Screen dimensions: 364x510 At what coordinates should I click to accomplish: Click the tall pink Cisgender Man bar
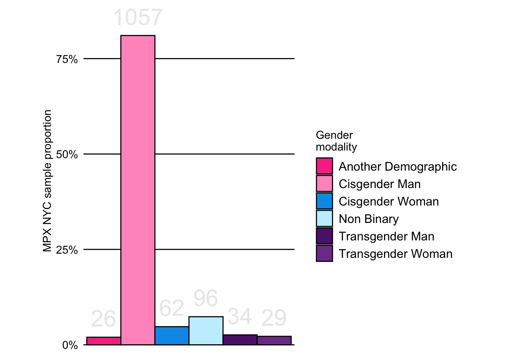point(138,190)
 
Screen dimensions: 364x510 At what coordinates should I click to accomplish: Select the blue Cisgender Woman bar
point(172,336)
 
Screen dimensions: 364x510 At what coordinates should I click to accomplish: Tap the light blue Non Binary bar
point(206,331)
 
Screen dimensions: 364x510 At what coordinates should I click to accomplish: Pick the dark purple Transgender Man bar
point(240,340)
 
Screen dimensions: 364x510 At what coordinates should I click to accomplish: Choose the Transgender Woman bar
point(274,340)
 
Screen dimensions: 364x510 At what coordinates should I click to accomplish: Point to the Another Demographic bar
point(104,341)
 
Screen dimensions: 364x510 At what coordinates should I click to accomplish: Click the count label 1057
point(138,17)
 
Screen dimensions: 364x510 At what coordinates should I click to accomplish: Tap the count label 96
point(206,298)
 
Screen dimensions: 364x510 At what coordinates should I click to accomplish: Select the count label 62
point(172,308)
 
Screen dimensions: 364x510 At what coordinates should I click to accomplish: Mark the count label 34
point(239,317)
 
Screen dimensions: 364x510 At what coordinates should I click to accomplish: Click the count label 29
point(274,318)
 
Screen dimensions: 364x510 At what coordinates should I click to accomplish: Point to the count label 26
point(103,319)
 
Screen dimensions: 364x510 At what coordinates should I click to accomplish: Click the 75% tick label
point(67,59)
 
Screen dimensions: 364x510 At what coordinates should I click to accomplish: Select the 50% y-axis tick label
point(67,155)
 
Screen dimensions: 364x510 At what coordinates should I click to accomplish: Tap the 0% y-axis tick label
point(70,345)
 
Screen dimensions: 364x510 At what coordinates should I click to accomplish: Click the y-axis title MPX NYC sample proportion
point(47,181)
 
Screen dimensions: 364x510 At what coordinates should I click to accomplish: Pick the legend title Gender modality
point(336,141)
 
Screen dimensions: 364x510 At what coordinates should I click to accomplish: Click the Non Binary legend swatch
point(324,218)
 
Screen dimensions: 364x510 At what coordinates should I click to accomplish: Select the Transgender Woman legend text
point(395,254)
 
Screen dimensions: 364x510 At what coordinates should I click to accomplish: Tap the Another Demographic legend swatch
point(324,166)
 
